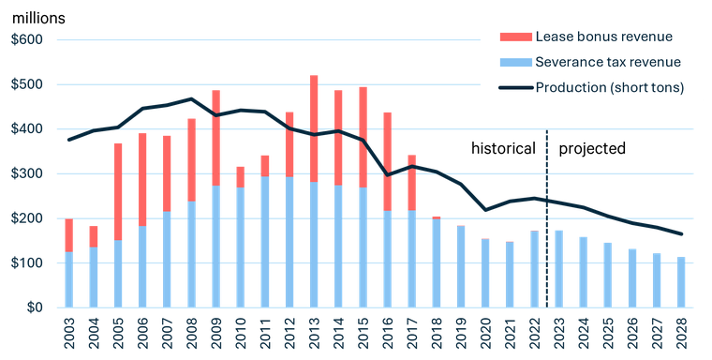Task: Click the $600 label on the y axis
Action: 27,39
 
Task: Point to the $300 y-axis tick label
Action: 27,173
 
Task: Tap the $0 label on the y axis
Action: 34,307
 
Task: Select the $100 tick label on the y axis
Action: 27,262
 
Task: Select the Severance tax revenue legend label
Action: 607,62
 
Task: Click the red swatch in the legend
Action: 514,36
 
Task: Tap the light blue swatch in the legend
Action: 514,62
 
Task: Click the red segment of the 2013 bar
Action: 314,127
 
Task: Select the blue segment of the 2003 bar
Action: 69,279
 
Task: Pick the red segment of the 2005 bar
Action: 119,191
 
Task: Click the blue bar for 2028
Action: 681,282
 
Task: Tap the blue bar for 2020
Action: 485,273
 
